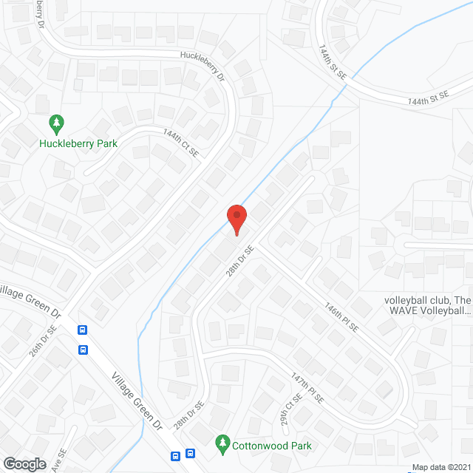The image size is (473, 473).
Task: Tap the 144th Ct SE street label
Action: [181, 142]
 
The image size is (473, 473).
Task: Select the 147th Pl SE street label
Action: [307, 387]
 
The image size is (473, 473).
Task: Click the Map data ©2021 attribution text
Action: [441, 467]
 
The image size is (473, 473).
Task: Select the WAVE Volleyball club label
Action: [427, 306]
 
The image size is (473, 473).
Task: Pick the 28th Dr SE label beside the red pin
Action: [240, 261]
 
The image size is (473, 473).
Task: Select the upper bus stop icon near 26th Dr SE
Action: [82, 330]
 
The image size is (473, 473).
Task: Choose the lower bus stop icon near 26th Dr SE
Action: [82, 350]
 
